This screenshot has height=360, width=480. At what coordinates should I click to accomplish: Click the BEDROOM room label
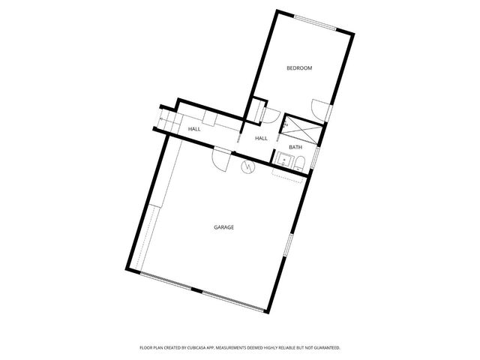click(x=299, y=68)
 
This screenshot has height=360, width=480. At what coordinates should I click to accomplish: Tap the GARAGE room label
click(x=223, y=226)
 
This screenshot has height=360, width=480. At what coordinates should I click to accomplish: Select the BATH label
click(x=295, y=147)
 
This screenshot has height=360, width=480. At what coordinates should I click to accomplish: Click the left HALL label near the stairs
click(x=194, y=129)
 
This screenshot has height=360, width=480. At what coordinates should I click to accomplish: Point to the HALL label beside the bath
click(x=261, y=139)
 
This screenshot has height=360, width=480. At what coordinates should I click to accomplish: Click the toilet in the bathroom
click(x=298, y=163)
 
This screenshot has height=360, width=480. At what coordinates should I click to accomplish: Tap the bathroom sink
click(x=283, y=160)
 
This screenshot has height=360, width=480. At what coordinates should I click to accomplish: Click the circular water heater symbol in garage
click(x=247, y=167)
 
